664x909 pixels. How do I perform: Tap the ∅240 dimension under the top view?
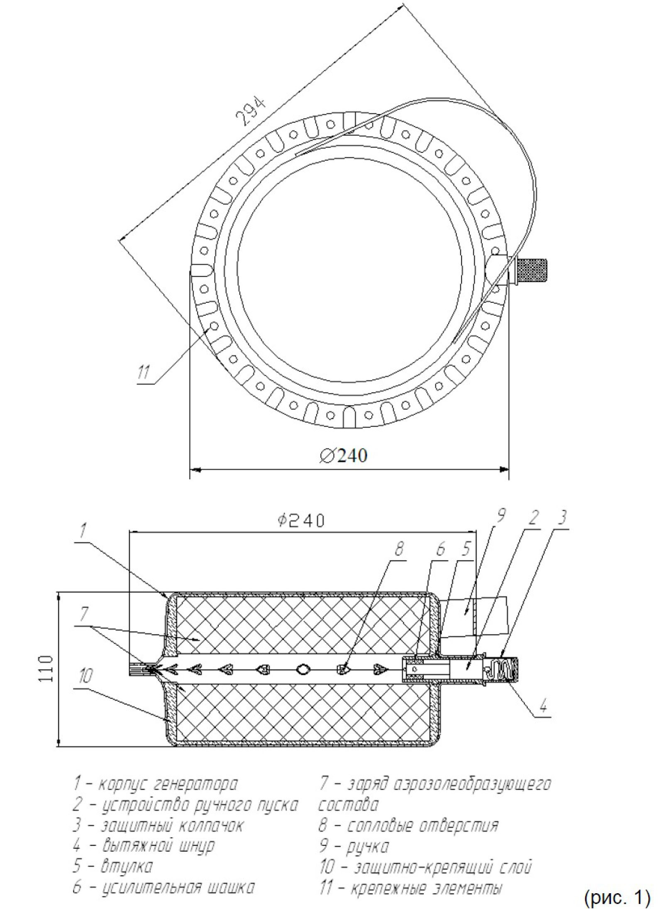pos(343,456)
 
